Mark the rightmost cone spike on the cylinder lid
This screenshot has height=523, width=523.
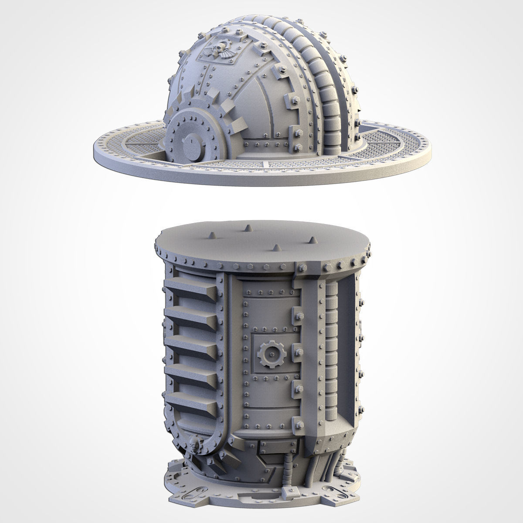[312, 240]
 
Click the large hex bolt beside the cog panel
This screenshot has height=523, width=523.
[299, 349]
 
